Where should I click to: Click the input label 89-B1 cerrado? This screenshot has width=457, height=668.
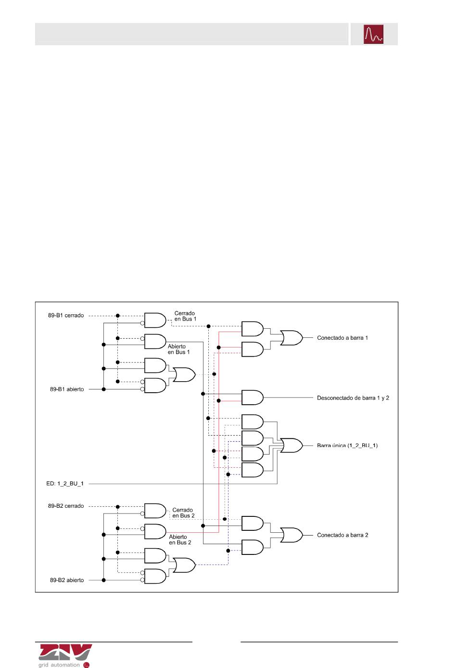pyautogui.click(x=66, y=316)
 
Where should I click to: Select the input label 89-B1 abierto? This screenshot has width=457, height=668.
pyautogui.click(x=67, y=389)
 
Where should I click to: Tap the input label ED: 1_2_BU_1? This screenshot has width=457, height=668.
pyautogui.click(x=64, y=484)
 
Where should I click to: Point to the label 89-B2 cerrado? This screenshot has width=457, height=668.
pyautogui.click(x=66, y=506)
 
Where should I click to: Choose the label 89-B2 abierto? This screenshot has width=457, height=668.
pyautogui.click(x=67, y=580)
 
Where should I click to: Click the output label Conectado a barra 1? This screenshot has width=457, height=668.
pyautogui.click(x=342, y=338)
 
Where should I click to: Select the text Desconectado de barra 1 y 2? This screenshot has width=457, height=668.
pyautogui.click(x=353, y=398)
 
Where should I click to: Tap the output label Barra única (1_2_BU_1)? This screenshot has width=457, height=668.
pyautogui.click(x=347, y=445)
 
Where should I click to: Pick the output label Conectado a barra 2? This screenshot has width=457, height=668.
pyautogui.click(x=343, y=535)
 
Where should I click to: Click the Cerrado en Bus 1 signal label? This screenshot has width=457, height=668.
pyautogui.click(x=185, y=316)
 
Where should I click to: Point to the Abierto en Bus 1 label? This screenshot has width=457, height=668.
pyautogui.click(x=178, y=349)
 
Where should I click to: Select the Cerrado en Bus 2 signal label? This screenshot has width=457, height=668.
pyautogui.click(x=183, y=513)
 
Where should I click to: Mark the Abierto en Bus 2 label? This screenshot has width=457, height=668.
pyautogui.click(x=180, y=540)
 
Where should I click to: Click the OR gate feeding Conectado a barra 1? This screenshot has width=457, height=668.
pyautogui.click(x=291, y=338)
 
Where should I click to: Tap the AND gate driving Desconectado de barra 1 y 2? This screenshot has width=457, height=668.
pyautogui.click(x=252, y=398)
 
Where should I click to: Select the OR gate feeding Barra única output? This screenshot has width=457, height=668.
pyautogui.click(x=291, y=446)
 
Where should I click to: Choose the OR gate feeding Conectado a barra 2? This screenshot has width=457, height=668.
pyautogui.click(x=291, y=535)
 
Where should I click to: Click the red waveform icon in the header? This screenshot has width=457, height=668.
pyautogui.click(x=373, y=34)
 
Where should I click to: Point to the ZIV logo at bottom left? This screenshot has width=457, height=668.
pyautogui.click(x=65, y=652)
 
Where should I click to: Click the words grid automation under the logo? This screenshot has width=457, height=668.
pyautogui.click(x=59, y=665)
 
